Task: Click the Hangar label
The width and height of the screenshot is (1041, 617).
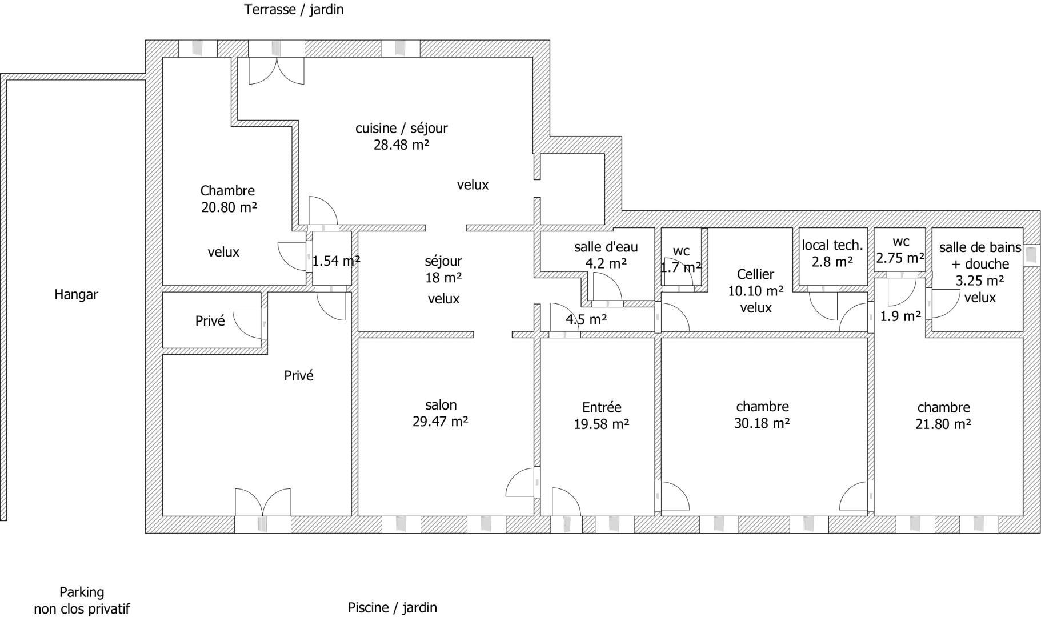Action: tap(76, 295)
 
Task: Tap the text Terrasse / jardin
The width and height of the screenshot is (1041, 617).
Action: tap(294, 10)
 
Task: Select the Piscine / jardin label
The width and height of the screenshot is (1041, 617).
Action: tap(393, 607)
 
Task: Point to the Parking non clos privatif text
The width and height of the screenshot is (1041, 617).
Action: tap(82, 600)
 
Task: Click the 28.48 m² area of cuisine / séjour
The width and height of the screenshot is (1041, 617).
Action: tap(401, 145)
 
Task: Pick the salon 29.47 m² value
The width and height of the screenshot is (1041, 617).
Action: tap(441, 422)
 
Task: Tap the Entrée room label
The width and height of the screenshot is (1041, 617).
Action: tap(602, 407)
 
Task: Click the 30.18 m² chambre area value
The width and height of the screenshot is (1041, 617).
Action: tap(762, 423)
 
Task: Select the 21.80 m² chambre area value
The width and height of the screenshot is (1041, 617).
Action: tap(943, 424)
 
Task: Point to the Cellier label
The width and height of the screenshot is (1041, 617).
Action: tap(755, 274)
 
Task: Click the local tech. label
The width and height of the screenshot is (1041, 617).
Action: tap(832, 245)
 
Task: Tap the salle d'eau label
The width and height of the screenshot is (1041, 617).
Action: tap(606, 247)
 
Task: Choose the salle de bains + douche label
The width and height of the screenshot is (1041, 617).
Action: tap(980, 255)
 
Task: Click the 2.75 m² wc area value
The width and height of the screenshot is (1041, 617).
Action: tap(900, 258)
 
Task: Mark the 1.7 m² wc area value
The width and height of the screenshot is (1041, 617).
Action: tap(681, 267)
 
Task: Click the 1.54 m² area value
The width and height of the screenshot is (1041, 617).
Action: tap(336, 261)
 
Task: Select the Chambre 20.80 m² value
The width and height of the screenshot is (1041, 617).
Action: tap(229, 207)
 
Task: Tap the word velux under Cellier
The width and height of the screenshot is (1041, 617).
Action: tap(756, 307)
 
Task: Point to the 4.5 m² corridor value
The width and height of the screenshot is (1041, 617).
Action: tap(586, 319)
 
